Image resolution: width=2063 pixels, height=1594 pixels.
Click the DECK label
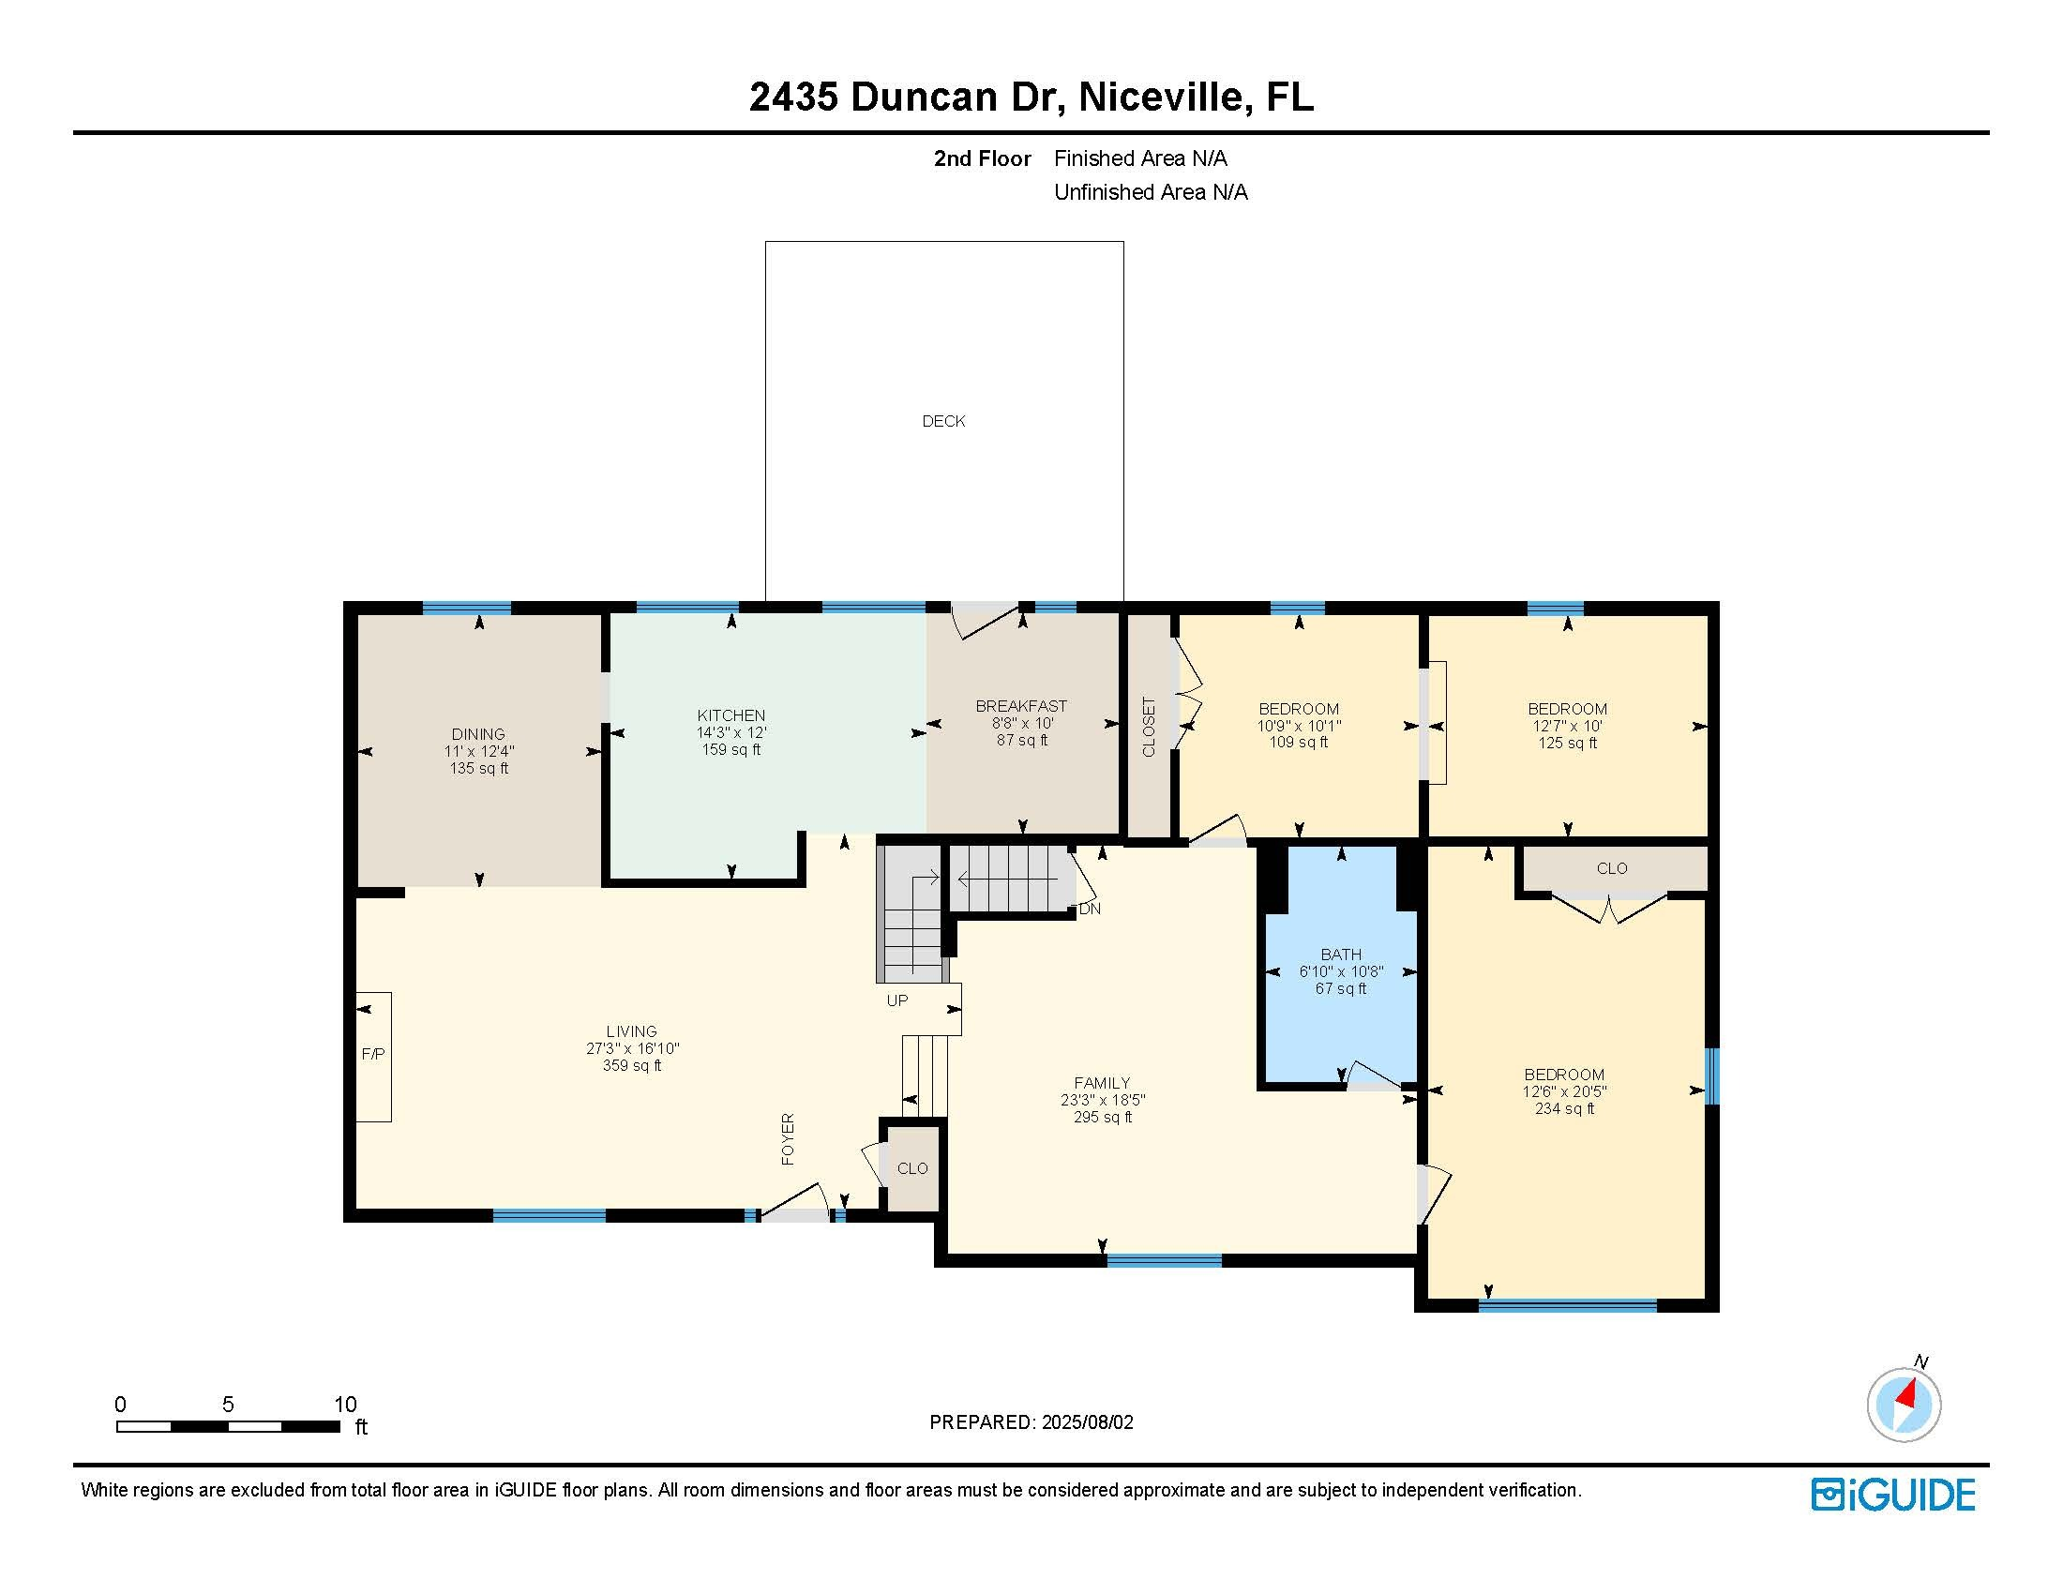tap(943, 421)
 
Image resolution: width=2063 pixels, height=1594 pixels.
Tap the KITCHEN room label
tap(731, 715)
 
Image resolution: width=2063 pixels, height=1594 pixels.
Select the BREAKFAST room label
tap(1021, 706)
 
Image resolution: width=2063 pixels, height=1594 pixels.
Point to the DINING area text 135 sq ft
tap(479, 769)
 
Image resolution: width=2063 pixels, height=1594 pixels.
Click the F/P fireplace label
tap(373, 1054)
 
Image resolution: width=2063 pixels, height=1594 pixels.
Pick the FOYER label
tap(788, 1139)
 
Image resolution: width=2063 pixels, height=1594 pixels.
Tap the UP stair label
tap(897, 1000)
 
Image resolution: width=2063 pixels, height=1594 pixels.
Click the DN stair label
tap(1090, 910)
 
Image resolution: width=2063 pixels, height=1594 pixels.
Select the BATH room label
tap(1341, 955)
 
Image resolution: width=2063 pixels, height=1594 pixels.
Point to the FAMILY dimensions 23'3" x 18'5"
tap(1103, 1100)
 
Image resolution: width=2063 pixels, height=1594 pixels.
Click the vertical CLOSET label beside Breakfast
tap(1150, 726)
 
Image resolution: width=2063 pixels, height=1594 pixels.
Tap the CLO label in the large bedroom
tap(1613, 869)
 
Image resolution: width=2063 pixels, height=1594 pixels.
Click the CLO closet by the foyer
tap(912, 1169)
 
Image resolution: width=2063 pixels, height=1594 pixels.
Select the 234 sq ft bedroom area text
tap(1564, 1108)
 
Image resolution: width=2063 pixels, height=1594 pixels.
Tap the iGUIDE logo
tap(1893, 1495)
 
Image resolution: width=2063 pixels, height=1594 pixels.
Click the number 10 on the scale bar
tap(346, 1405)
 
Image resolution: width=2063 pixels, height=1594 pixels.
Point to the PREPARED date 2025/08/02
tap(1087, 1422)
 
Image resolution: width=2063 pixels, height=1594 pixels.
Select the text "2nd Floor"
tap(983, 158)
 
